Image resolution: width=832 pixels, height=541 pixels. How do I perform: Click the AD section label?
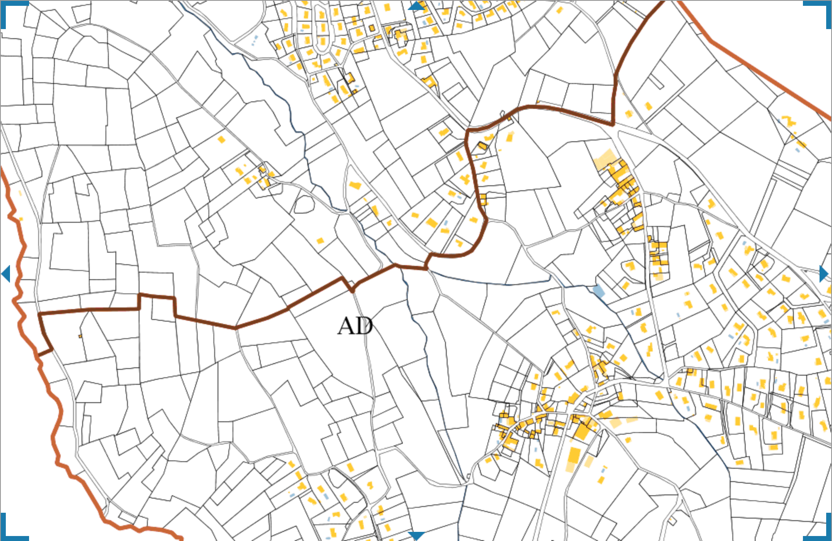[355, 326]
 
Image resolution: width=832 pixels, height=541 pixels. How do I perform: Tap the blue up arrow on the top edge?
[416, 6]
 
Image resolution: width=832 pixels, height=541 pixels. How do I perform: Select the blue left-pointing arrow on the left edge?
[6, 274]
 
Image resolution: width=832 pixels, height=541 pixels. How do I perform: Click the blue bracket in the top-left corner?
[8, 8]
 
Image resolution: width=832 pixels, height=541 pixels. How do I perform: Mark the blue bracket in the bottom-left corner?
[8, 533]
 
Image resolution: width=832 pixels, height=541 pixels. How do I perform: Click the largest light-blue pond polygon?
[598, 291]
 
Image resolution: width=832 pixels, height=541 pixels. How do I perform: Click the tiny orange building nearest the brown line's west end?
[80, 336]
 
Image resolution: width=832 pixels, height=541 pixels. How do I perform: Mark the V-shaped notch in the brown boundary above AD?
[352, 289]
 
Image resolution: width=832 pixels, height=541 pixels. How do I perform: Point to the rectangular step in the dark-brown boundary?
[157, 297]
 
